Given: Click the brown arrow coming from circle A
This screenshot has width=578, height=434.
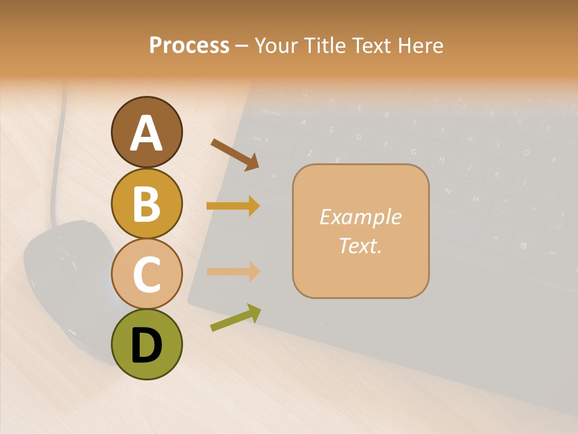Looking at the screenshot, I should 235,154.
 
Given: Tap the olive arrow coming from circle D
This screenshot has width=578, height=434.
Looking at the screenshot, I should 235,318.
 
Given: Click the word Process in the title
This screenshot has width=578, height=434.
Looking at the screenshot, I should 189,46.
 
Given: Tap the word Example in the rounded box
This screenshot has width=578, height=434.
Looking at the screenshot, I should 360,217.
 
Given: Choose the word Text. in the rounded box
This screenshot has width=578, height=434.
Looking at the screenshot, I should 360,245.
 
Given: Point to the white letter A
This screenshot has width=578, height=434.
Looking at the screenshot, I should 146,133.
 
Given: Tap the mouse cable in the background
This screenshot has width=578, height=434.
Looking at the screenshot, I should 57,157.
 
